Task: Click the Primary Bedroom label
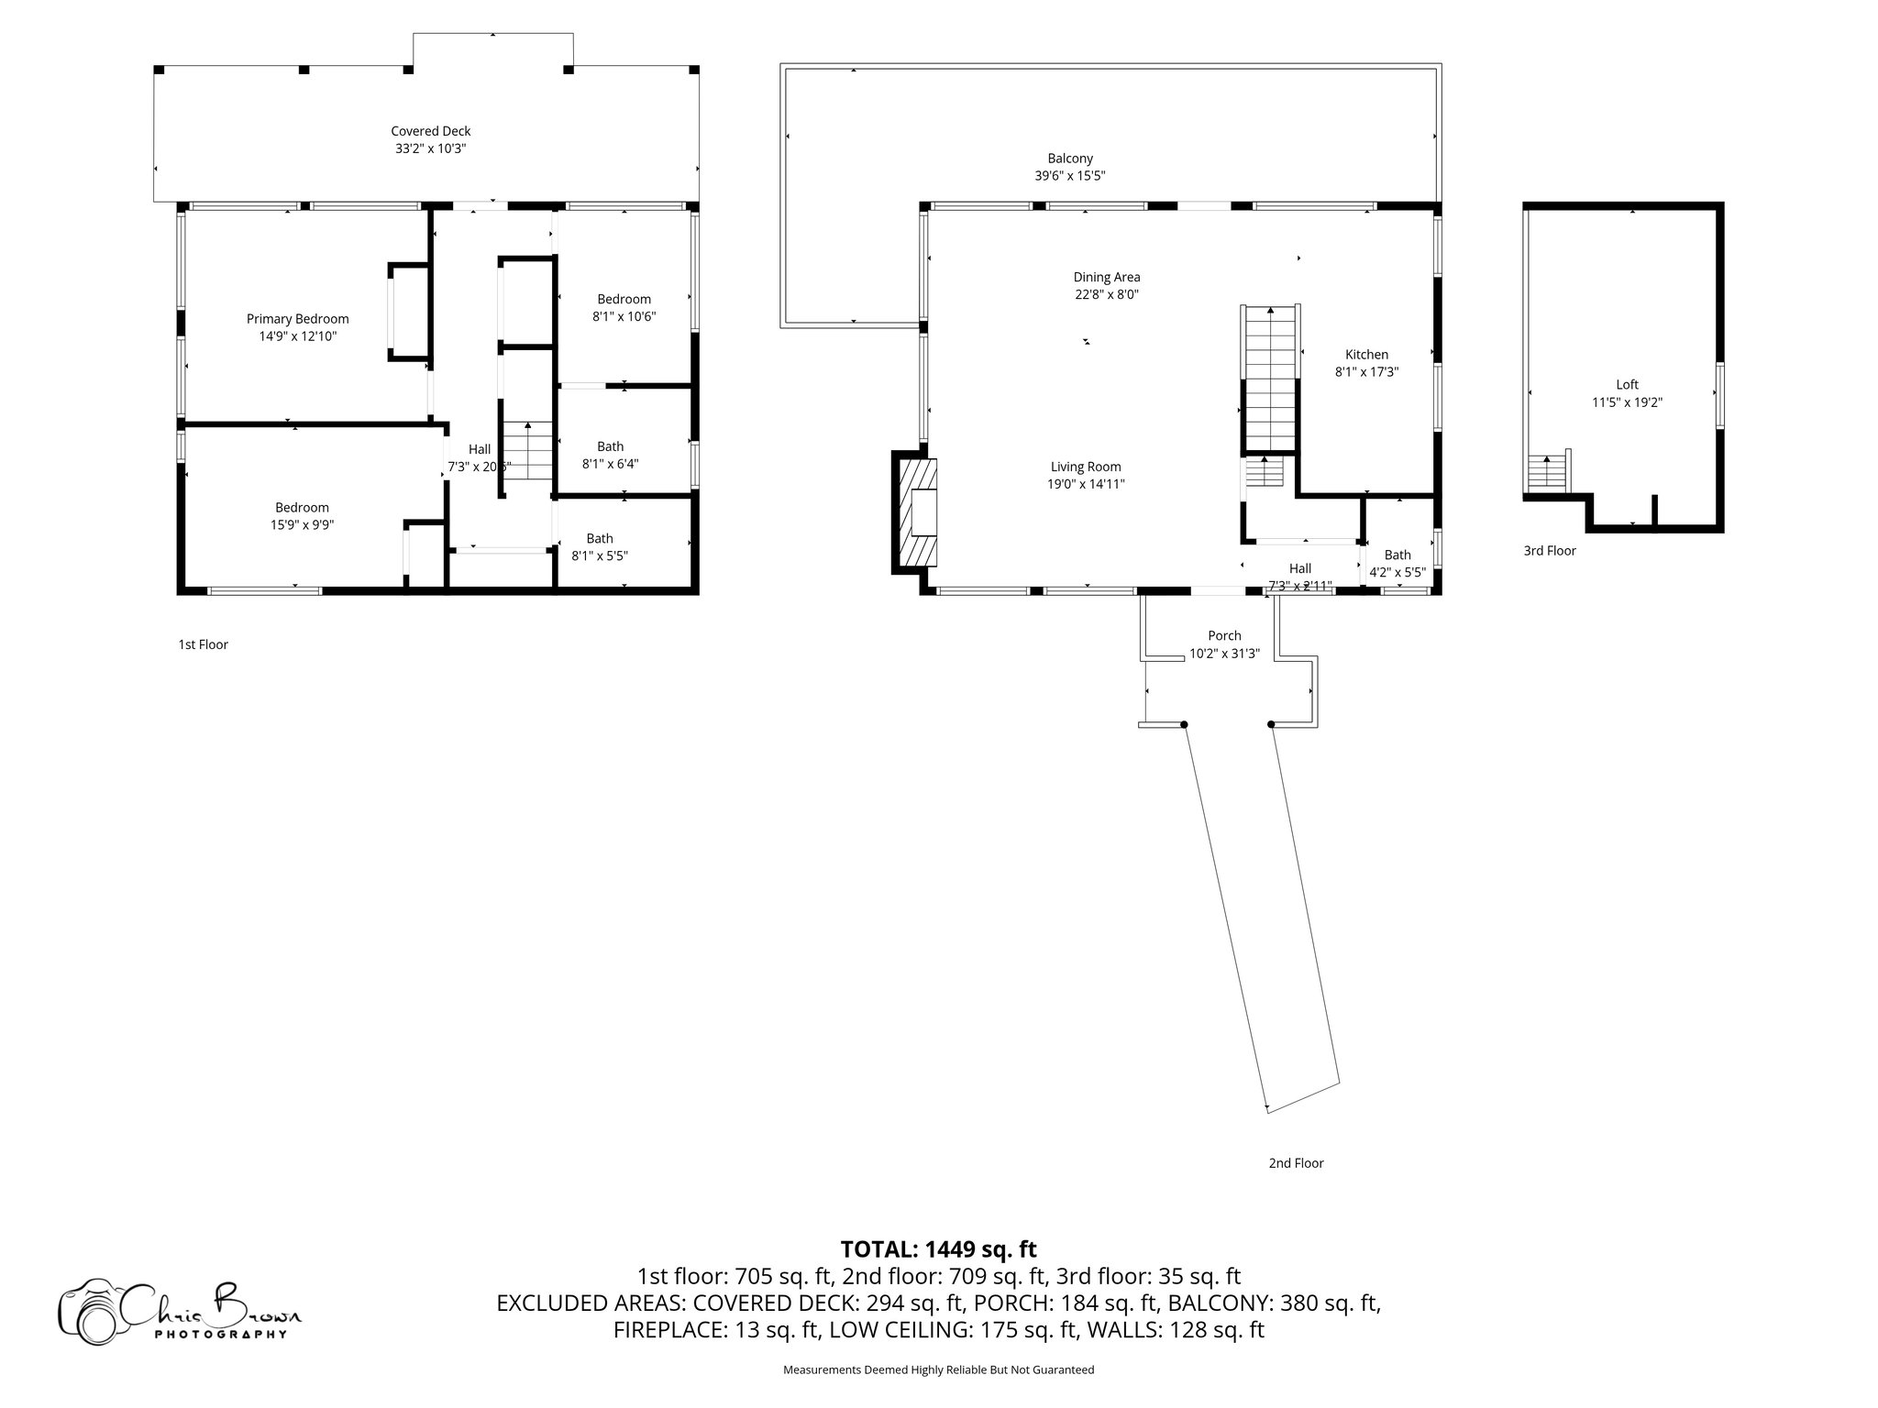tap(297, 319)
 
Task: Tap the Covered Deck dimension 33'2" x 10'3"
tap(430, 148)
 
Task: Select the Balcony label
tap(1070, 159)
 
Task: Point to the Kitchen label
tap(1365, 355)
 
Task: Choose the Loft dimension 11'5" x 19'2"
tap(1627, 401)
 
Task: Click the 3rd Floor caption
tap(1549, 551)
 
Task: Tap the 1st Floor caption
tap(203, 644)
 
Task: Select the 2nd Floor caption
tap(1296, 1163)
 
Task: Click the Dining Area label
tap(1107, 277)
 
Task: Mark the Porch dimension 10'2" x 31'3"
tap(1224, 654)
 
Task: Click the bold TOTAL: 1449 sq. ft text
tap(938, 1249)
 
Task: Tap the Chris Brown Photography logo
tap(180, 1310)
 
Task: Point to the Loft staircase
tap(1547, 473)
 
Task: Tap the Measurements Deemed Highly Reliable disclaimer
tap(938, 1369)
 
